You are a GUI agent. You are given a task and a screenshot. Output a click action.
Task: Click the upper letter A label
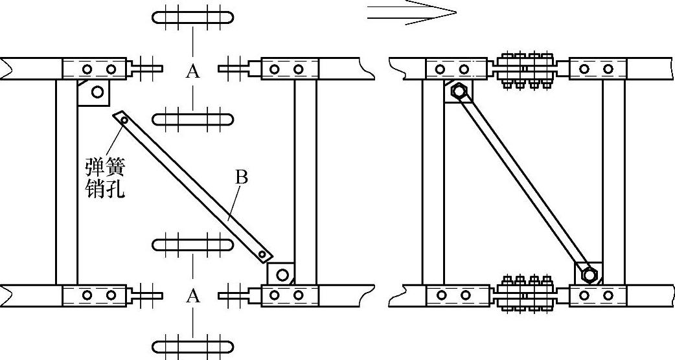pos(192,71)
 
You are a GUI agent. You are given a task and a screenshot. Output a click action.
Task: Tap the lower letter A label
pos(192,296)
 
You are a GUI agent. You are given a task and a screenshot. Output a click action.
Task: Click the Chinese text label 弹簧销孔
pos(104,178)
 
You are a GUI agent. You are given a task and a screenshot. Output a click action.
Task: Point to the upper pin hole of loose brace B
pos(121,117)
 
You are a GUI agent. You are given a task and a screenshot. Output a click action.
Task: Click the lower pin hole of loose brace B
pos(262,254)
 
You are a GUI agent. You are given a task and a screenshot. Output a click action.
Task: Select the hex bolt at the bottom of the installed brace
pos(589,275)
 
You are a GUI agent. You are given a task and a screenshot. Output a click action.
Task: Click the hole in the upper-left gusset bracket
pos(97,92)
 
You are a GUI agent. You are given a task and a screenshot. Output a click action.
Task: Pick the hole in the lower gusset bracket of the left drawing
pos(282,275)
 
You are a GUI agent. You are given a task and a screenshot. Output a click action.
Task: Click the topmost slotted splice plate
pos(192,17)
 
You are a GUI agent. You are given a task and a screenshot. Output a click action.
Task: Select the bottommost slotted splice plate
pos(192,344)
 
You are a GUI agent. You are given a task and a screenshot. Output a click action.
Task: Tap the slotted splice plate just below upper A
pos(192,120)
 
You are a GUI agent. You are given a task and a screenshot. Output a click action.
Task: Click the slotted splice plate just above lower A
pos(192,245)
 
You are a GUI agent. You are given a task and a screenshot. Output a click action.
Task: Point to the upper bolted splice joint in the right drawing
pos(524,68)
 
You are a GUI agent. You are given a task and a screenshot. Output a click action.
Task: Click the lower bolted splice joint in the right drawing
pos(524,295)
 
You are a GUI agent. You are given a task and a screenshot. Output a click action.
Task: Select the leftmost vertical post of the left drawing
pos(66,181)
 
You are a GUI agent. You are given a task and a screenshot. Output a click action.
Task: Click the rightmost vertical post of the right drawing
pos(614,181)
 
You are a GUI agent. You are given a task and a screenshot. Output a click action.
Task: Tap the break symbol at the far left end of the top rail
pos(6,67)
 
